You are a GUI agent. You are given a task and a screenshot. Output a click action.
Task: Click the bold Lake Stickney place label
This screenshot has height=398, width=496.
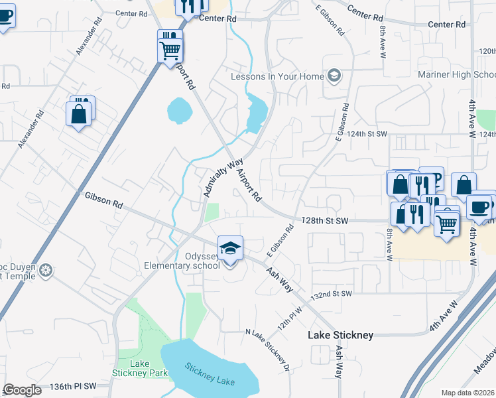[340, 335]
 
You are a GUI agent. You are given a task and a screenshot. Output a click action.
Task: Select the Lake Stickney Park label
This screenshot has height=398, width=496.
[139, 368]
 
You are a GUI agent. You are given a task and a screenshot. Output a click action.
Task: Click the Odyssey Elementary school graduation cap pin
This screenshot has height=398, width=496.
[230, 249]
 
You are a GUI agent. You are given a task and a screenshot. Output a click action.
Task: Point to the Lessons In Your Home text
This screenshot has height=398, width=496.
[277, 76]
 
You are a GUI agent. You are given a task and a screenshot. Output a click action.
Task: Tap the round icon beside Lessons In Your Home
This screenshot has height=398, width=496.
[333, 76]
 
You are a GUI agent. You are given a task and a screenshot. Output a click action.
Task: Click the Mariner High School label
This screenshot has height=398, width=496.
[456, 74]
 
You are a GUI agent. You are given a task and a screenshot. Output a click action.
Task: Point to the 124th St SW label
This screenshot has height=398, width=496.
[367, 134]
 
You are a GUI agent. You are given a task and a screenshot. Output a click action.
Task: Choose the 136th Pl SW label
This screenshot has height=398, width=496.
[73, 385]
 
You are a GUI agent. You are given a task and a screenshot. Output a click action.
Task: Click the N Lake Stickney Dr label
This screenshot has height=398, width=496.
[269, 349]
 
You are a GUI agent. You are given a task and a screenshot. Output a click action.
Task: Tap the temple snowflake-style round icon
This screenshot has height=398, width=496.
[45, 270]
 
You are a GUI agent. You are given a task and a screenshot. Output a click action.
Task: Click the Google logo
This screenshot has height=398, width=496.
[23, 390]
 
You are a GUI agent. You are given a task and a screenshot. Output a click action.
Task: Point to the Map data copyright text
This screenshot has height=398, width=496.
[468, 393]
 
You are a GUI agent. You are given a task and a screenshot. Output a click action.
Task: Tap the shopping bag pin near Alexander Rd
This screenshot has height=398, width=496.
[79, 113]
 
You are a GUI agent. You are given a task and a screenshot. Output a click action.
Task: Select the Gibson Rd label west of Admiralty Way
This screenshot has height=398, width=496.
[103, 200]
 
